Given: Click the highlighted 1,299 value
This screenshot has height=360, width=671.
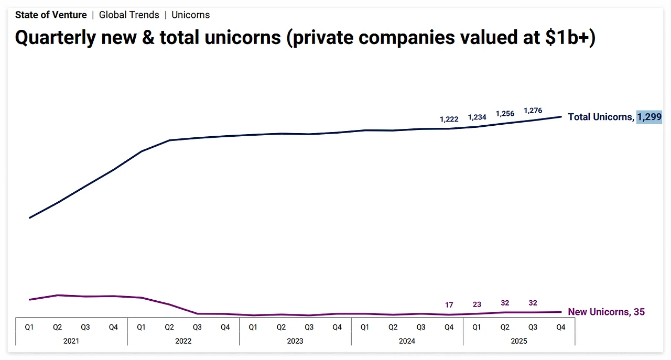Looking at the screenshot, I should (x=649, y=117).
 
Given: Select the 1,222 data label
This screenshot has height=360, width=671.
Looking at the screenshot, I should (x=449, y=119).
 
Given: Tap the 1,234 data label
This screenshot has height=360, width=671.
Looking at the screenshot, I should (x=477, y=117).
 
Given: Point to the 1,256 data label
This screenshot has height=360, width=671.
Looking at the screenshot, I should (x=505, y=114).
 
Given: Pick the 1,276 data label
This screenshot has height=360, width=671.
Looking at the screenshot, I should (x=533, y=111).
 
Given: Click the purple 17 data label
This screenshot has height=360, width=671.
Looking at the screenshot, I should (x=449, y=305).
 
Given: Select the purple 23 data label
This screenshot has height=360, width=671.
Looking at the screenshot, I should (x=477, y=304).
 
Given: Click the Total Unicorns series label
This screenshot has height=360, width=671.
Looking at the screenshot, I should (x=600, y=117).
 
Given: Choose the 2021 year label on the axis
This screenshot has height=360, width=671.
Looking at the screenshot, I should (x=71, y=341).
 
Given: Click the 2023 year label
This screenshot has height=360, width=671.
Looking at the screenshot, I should (x=295, y=341).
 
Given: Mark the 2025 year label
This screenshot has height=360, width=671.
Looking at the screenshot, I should (x=518, y=341).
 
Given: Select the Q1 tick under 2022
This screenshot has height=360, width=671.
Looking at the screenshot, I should (x=141, y=327).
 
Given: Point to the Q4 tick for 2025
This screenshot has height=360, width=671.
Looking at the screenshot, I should (x=560, y=327).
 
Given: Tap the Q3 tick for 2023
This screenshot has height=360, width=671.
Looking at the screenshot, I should (x=309, y=327).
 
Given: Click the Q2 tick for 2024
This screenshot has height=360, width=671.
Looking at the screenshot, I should (x=393, y=327).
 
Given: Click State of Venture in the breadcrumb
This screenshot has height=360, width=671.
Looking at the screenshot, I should (x=51, y=15).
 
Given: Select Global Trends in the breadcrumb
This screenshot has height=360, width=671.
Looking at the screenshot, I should (x=129, y=15).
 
